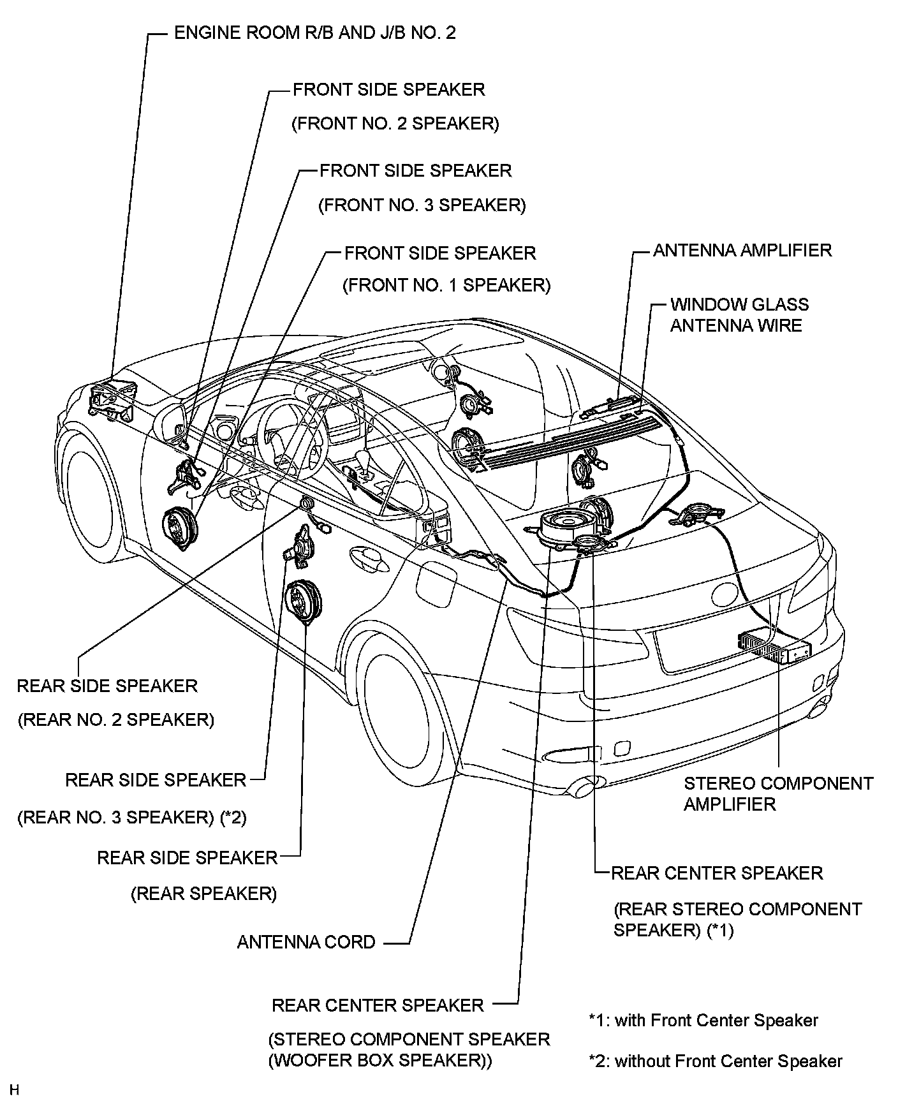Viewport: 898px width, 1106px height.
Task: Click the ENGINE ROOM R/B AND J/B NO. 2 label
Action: [x=315, y=33]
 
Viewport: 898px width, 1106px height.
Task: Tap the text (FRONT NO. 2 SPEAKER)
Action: [x=395, y=123]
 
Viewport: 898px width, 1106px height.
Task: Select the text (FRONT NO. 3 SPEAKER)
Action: [x=422, y=205]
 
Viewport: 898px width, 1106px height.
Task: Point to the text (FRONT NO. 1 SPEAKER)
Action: [x=446, y=285]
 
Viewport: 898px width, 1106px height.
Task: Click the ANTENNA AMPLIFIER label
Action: [x=742, y=250]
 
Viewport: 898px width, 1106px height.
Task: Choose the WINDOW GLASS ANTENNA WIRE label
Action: [x=739, y=315]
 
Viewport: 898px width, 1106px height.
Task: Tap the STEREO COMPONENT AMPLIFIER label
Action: [x=778, y=793]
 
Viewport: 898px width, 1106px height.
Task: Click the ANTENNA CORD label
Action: [x=306, y=942]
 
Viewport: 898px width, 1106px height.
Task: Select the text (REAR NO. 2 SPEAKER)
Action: [x=116, y=719]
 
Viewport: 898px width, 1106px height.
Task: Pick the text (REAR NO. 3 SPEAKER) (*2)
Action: [x=132, y=817]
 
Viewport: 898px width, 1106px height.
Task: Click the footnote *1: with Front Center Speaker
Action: [x=703, y=1021]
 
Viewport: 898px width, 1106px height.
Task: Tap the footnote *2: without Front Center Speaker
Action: [x=716, y=1061]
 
